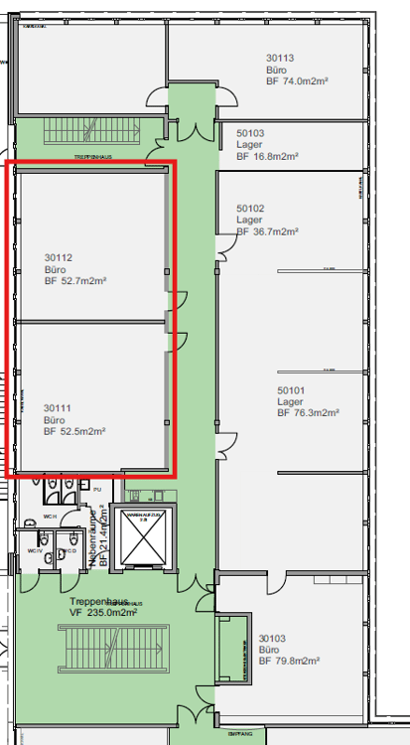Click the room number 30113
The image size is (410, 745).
pyautogui.click(x=281, y=59)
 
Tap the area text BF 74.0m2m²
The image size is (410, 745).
pyautogui.click(x=298, y=82)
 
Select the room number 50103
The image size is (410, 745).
pyautogui.click(x=250, y=131)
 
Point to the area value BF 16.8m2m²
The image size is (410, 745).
pyautogui.click(x=268, y=155)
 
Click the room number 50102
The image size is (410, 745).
pyautogui.click(x=250, y=208)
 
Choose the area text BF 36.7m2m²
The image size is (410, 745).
pyautogui.click(x=268, y=231)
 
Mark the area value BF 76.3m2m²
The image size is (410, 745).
pyautogui.click(x=309, y=413)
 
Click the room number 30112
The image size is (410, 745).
pyautogui.click(x=59, y=257)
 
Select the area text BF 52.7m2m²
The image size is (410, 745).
pyautogui.click(x=75, y=281)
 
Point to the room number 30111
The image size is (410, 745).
pyautogui.click(x=59, y=407)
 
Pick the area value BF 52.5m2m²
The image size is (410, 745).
pyautogui.click(x=75, y=431)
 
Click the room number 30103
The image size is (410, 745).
pyautogui.click(x=273, y=639)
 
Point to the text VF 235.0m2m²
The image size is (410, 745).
pyautogui.click(x=102, y=613)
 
